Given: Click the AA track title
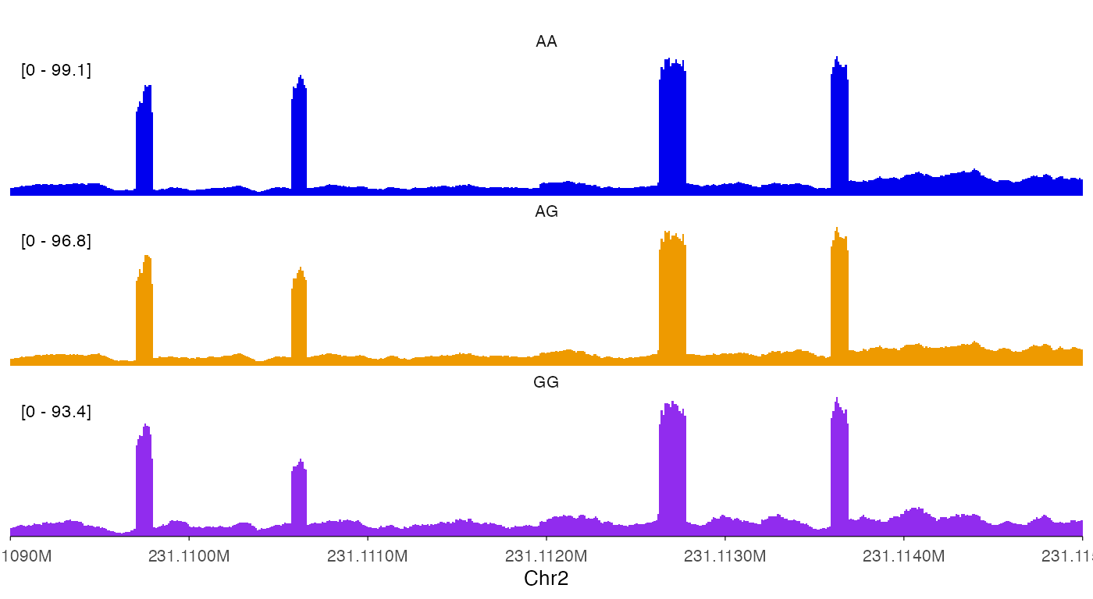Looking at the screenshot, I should [x=546, y=42].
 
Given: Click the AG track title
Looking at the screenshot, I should [x=546, y=212].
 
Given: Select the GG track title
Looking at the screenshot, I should [x=546, y=382].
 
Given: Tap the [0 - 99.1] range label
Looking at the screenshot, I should [x=56, y=71].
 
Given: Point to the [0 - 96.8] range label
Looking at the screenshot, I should [x=56, y=241].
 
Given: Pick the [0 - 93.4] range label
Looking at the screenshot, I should [x=56, y=412].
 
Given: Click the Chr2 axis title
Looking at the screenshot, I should [x=546, y=578].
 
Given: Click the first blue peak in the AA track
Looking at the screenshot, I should [x=144, y=140].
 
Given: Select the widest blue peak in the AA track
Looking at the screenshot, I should [x=672, y=125].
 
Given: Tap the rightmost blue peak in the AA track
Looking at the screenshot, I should [x=839, y=125].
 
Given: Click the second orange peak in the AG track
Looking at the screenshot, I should [x=299, y=316].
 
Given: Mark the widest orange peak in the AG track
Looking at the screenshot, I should [x=672, y=296].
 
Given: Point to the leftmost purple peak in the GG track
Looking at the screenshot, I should [x=144, y=480].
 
